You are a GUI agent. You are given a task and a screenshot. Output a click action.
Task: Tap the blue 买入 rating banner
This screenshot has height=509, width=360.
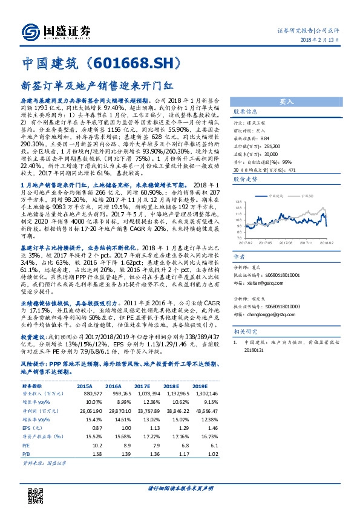click(x=286, y=102)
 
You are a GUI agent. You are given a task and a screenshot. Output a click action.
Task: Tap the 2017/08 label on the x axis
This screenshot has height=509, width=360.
click(x=284, y=242)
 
